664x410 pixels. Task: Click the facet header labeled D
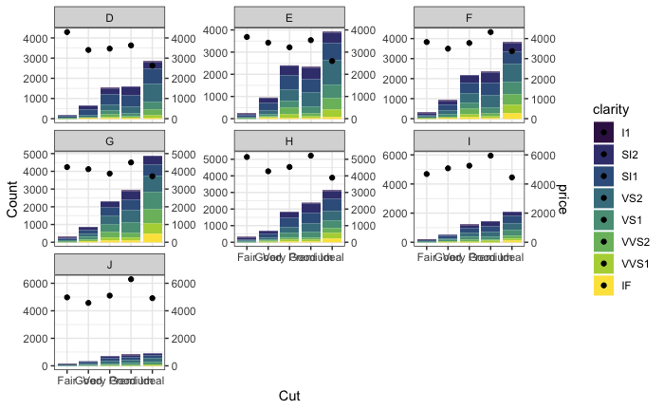(x=109, y=18)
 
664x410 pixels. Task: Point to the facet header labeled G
(x=109, y=140)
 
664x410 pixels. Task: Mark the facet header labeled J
(x=109, y=263)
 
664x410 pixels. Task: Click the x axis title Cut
(x=289, y=396)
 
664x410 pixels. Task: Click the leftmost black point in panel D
(x=67, y=32)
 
